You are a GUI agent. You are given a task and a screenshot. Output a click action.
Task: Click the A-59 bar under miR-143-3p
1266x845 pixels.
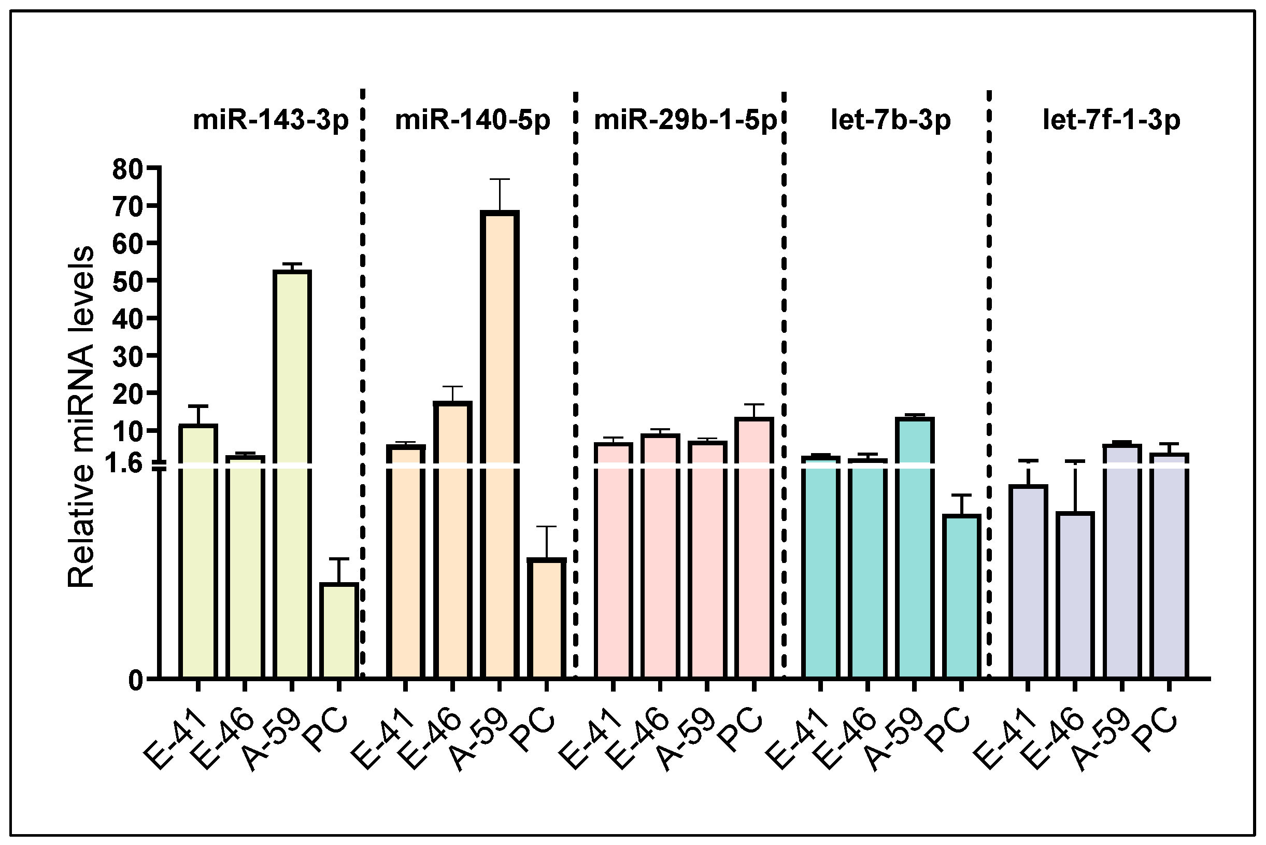tap(291, 474)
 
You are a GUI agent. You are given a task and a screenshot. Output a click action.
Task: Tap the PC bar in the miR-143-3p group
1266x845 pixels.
tap(338, 630)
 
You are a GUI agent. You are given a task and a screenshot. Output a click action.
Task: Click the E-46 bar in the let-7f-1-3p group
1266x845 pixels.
tap(1075, 595)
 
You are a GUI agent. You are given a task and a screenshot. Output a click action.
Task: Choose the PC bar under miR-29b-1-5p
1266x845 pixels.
tap(753, 547)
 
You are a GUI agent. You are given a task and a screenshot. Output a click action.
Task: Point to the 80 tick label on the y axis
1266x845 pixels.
tap(127, 170)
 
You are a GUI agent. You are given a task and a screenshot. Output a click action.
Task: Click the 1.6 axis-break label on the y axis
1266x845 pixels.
tap(124, 463)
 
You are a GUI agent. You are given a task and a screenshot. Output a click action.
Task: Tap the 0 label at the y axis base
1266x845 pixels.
tap(135, 681)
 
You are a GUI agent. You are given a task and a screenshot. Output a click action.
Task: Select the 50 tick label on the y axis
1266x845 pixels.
tap(127, 281)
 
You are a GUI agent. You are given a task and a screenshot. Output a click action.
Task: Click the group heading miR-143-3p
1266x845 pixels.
tap(271, 120)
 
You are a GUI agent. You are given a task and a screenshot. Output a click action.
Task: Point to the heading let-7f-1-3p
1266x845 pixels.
tap(1112, 120)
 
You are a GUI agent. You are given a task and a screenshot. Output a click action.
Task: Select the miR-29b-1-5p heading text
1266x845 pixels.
tap(685, 120)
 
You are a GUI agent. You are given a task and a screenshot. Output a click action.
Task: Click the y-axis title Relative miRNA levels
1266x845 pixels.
tap(81, 416)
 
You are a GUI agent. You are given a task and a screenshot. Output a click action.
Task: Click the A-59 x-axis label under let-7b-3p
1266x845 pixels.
tap(891, 741)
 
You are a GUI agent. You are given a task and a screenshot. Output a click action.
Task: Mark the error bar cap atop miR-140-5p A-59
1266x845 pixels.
tap(500, 179)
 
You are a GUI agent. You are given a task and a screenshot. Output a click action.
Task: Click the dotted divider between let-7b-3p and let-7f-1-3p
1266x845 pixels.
tap(989, 377)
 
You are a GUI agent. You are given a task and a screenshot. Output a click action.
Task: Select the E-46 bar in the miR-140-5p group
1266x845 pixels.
tap(452, 539)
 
